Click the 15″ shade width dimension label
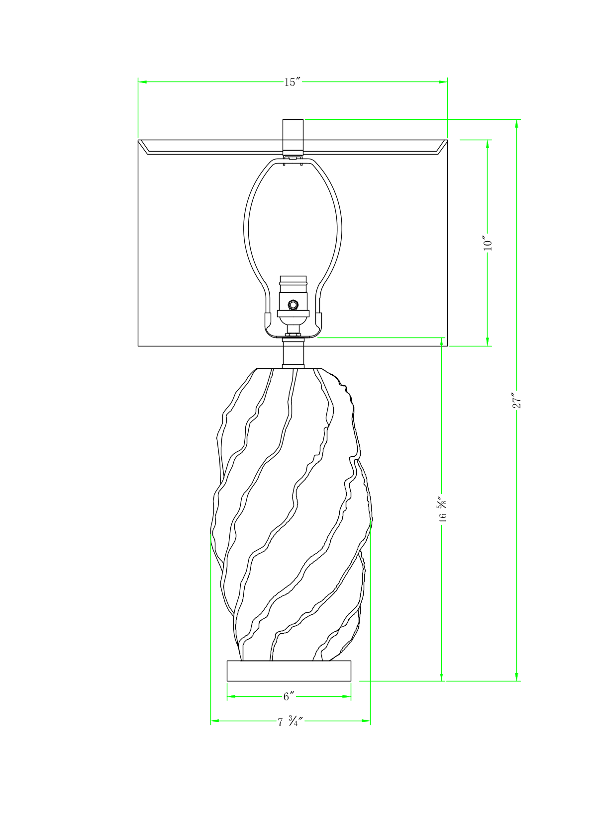pyautogui.click(x=293, y=83)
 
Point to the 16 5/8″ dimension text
pyautogui.click(x=442, y=510)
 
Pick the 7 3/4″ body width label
pyautogui.click(x=290, y=721)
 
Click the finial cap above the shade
pyautogui.click(x=293, y=135)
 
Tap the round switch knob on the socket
pyautogui.click(x=293, y=304)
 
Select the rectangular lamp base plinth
pyautogui.click(x=289, y=670)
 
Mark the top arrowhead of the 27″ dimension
pyautogui.click(x=517, y=124)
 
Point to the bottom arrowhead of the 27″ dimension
pyautogui.click(x=517, y=677)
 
